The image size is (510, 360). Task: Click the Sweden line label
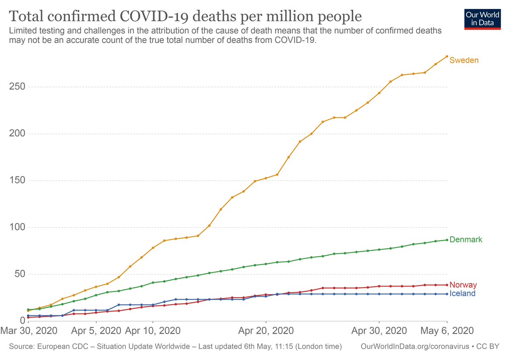(x=464, y=60)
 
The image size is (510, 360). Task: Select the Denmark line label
(x=465, y=240)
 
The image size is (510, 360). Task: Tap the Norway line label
(x=463, y=285)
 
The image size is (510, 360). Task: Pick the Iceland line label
(x=462, y=294)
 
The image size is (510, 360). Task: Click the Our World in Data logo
(x=482, y=18)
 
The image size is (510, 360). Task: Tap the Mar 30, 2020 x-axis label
(x=28, y=330)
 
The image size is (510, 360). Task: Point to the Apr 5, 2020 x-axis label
(x=96, y=330)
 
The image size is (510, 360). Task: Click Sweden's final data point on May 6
(x=447, y=56)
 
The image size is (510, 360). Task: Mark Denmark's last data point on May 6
(x=447, y=240)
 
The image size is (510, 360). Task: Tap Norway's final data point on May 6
(x=447, y=285)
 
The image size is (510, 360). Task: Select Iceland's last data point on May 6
(x=447, y=294)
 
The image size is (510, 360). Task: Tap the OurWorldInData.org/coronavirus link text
(x=414, y=347)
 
